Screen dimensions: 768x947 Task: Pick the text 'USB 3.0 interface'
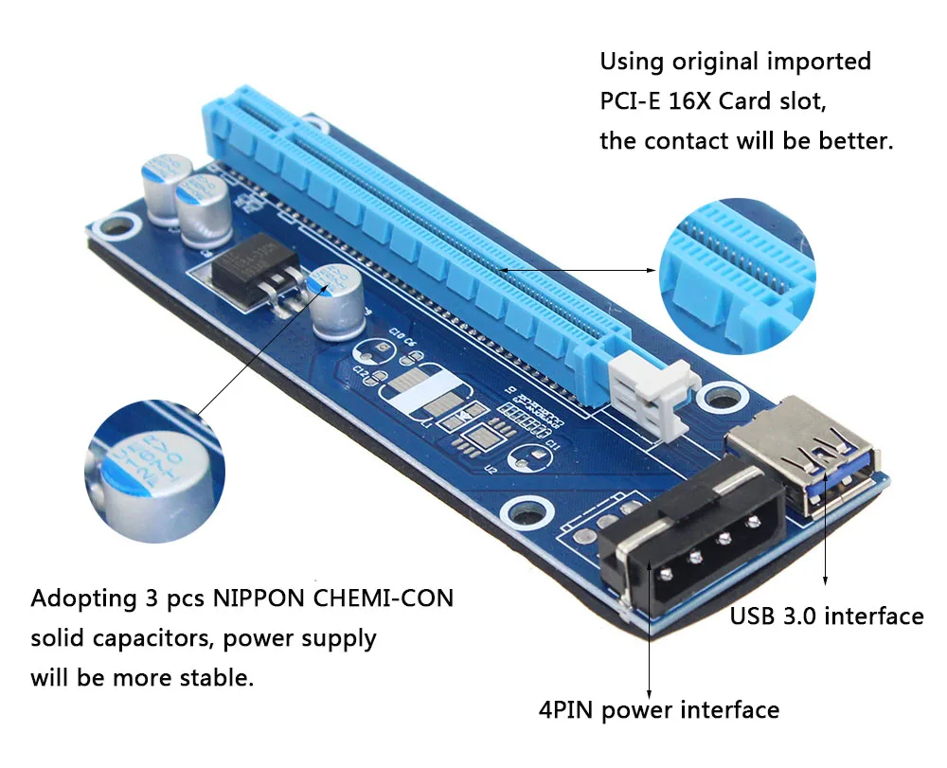[x=826, y=616]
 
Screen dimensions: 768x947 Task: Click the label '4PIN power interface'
[x=657, y=709]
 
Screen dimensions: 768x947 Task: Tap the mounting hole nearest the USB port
[x=723, y=395]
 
